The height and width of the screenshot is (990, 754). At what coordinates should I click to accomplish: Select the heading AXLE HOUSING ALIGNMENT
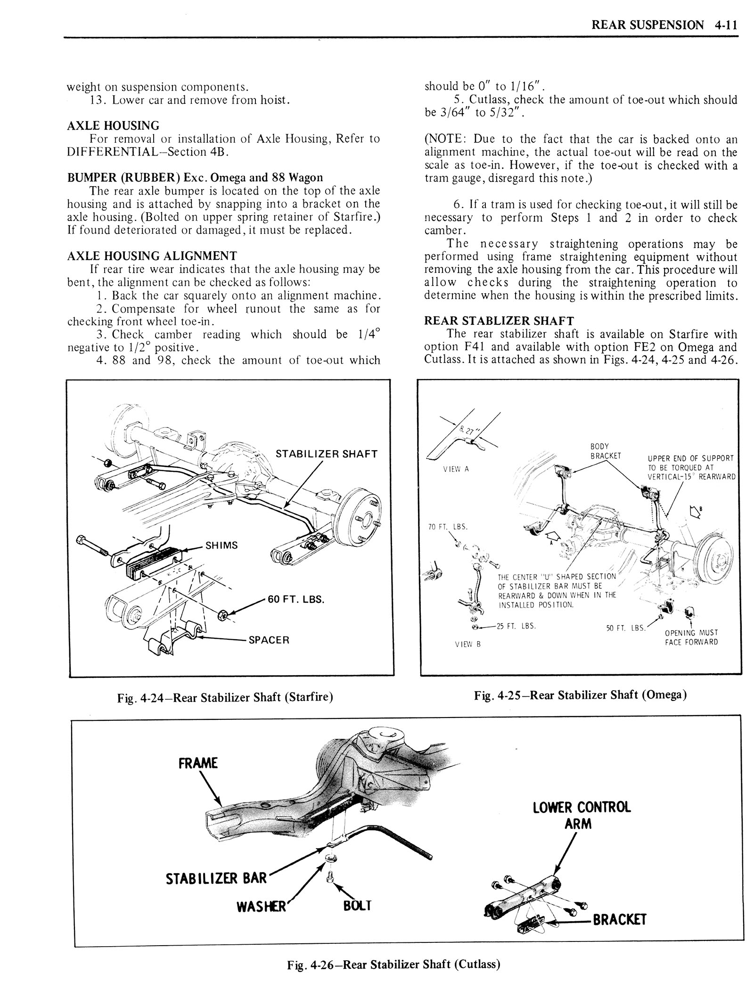coord(152,256)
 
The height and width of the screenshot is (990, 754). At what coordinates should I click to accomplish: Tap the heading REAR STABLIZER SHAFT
coord(499,321)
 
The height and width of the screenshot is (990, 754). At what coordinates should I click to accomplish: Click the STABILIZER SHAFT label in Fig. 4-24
coord(327,454)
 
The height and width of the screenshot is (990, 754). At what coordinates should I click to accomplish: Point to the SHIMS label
coord(221,545)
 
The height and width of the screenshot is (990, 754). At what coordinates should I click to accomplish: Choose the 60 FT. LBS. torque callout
coord(296,600)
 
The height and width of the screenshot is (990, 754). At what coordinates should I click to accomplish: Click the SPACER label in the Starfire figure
coord(269,640)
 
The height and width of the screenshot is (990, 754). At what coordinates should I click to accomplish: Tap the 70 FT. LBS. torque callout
coord(448,527)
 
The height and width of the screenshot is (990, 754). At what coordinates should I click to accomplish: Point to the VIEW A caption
coord(456,470)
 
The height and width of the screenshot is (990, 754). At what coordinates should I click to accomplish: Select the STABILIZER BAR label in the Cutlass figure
coord(216,878)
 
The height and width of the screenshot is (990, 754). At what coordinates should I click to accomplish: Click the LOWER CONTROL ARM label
coord(582,816)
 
